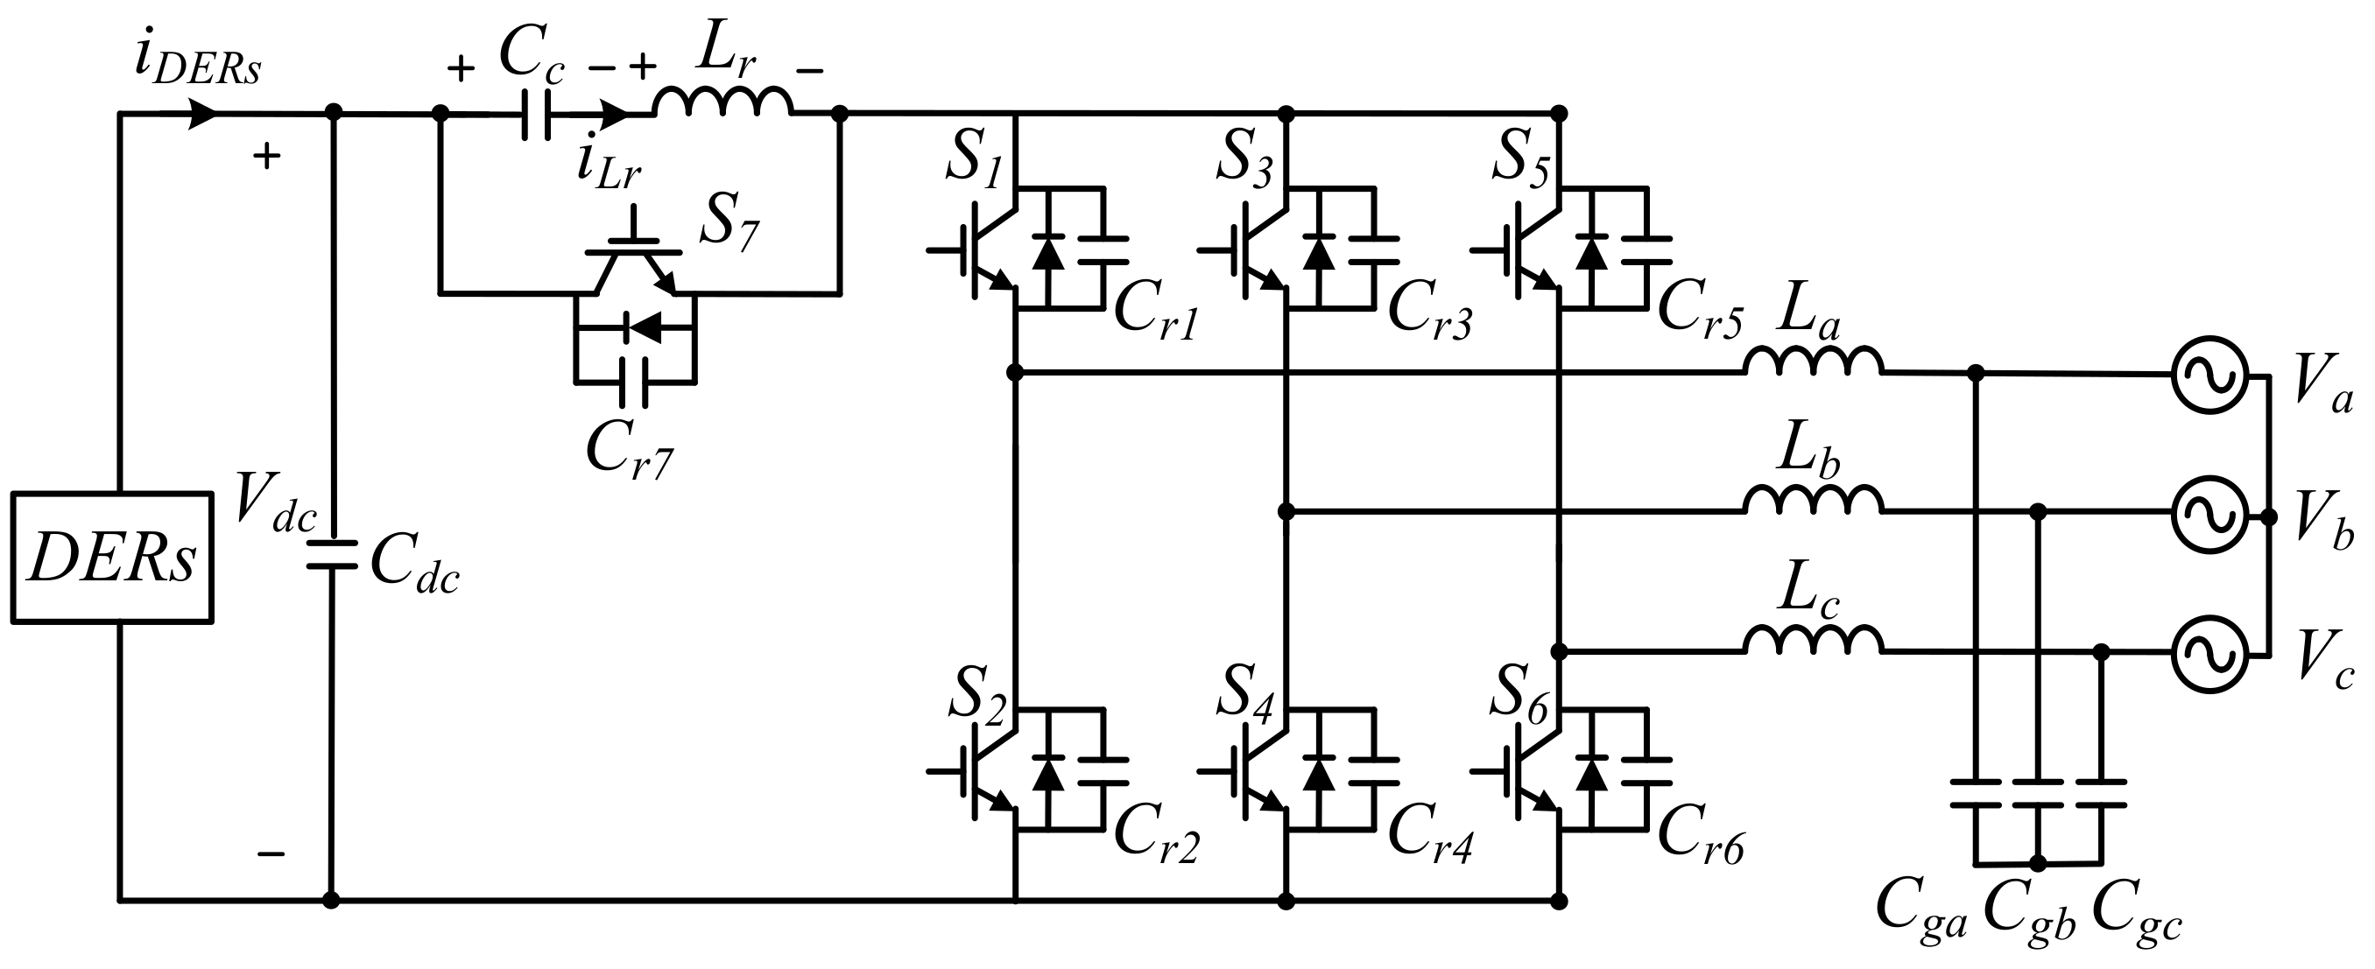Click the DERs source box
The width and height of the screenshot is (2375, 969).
[x=111, y=558]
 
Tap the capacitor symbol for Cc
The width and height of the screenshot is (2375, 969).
[x=538, y=115]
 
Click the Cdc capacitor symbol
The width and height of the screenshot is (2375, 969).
[x=331, y=555]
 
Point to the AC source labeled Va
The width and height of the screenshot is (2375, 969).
[x=2210, y=376]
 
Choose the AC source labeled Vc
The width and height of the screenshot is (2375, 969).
[x=2210, y=653]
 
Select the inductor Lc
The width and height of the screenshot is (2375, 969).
[x=1813, y=640]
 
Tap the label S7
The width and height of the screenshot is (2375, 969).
[x=729, y=224]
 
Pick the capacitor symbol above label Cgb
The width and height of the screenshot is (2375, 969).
[x=2038, y=794]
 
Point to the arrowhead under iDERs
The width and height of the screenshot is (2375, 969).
[x=203, y=115]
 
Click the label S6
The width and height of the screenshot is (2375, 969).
[x=1521, y=692]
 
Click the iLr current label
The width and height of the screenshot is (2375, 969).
[x=609, y=165]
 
